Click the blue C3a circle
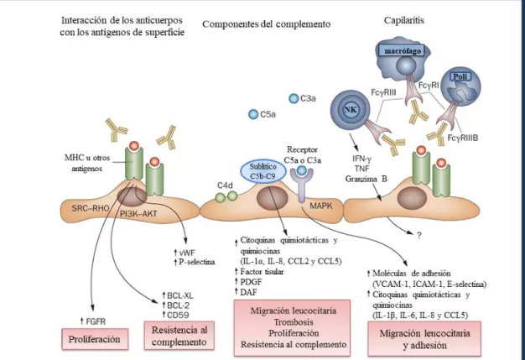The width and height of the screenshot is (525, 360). (294, 98)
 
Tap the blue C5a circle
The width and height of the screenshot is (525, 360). (253, 114)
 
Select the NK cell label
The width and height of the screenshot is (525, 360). (351, 109)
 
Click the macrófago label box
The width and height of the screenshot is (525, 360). (403, 51)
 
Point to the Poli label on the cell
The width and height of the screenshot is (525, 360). (460, 76)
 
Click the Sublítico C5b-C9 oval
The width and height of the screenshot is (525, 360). (263, 171)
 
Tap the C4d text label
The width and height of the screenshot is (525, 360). (225, 185)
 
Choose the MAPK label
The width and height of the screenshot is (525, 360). (320, 206)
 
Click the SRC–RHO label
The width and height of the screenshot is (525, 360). (91, 208)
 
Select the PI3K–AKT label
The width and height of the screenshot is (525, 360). (138, 214)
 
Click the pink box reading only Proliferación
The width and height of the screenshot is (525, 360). (95, 339)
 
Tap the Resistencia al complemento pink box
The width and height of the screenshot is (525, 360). (179, 336)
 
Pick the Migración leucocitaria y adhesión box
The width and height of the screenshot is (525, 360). (424, 339)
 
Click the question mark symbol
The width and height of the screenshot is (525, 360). (418, 236)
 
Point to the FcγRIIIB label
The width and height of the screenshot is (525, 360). (463, 138)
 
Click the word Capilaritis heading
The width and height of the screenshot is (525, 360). (403, 20)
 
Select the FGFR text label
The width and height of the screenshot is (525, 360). (96, 321)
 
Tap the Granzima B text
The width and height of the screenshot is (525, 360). (366, 179)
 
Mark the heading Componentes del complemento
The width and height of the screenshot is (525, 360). (266, 24)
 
